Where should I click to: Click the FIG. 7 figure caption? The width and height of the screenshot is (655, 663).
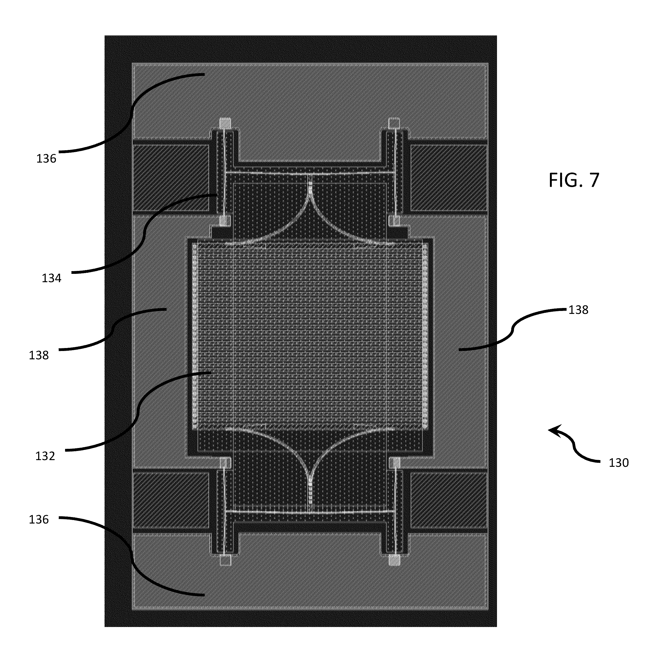pos(574,180)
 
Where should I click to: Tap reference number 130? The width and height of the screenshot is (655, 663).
pos(618,463)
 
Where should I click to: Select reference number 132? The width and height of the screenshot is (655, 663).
pos(45,456)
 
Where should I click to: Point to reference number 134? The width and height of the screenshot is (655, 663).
pos(51,278)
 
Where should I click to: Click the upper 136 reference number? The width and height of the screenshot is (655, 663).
pos(46,159)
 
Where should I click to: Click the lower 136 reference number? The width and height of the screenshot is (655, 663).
pos(38,519)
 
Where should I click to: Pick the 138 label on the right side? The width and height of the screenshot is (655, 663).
pos(578,310)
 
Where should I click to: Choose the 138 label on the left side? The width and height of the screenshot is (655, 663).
pos(38,355)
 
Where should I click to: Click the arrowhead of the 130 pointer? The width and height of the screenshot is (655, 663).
pos(553,430)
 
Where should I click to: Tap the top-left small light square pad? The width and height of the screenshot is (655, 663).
pos(225,123)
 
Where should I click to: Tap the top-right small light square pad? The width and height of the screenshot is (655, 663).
pos(394,123)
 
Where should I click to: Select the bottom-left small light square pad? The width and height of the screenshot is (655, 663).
pos(225,560)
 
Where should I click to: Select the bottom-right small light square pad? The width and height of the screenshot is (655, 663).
pos(394,560)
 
